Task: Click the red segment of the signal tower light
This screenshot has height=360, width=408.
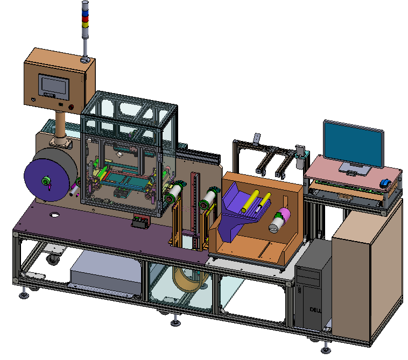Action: (85, 19)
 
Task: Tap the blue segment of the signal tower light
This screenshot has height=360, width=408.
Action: (85, 13)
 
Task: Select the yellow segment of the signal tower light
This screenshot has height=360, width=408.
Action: (85, 24)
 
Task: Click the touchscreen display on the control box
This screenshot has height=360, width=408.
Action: (54, 86)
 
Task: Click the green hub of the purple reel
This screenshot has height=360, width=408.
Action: (46, 180)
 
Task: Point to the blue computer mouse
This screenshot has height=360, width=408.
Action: (385, 183)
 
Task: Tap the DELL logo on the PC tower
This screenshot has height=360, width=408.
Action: (315, 310)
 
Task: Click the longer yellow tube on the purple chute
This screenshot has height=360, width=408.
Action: (250, 201)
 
